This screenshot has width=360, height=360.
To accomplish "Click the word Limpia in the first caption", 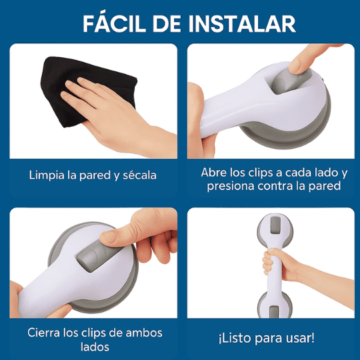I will (x=47, y=175).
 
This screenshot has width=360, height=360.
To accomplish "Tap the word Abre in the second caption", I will (x=214, y=172).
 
